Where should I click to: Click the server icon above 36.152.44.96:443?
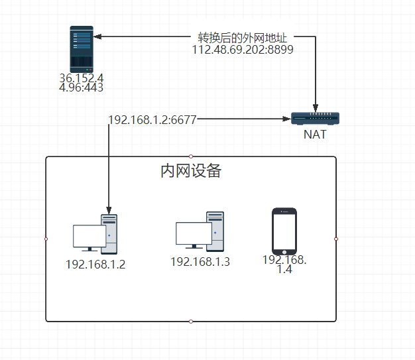pyautogui.click(x=82, y=49)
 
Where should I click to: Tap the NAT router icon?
pyautogui.click(x=316, y=119)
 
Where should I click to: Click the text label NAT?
pyautogui.click(x=315, y=134)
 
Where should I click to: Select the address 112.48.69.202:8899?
pyautogui.click(x=243, y=50)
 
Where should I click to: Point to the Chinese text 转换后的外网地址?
pyautogui.click(x=243, y=38)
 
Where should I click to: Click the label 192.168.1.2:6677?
pyautogui.click(x=152, y=119)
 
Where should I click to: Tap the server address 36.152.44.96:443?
pyautogui.click(x=81, y=82)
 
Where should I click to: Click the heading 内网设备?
pyautogui.click(x=191, y=171)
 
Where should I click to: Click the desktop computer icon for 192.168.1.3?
pyautogui.click(x=200, y=231)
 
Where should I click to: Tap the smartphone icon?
pyautogui.click(x=284, y=231)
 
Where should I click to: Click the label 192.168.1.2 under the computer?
pyautogui.click(x=95, y=265)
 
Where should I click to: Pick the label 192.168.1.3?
pyautogui.click(x=200, y=262)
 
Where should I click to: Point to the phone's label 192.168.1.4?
pyautogui.click(x=285, y=265)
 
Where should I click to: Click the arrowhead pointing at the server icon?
pyautogui.click(x=97, y=38)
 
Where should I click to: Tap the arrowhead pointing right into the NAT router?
pyautogui.click(x=288, y=119)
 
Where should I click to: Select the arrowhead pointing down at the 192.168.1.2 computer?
pyautogui.click(x=108, y=207)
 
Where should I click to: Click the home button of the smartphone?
pyautogui.click(x=284, y=251)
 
